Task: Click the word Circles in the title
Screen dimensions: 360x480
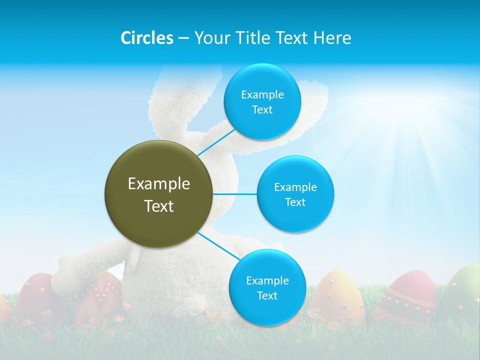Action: click(x=146, y=38)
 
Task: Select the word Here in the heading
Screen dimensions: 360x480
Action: click(x=332, y=38)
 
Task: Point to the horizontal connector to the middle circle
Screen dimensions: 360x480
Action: click(x=235, y=194)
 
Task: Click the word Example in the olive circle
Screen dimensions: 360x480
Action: click(x=159, y=184)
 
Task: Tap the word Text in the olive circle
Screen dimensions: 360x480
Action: click(x=159, y=206)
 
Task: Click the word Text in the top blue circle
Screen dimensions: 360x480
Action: click(x=262, y=110)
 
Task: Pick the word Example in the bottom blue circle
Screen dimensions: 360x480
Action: click(x=267, y=281)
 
